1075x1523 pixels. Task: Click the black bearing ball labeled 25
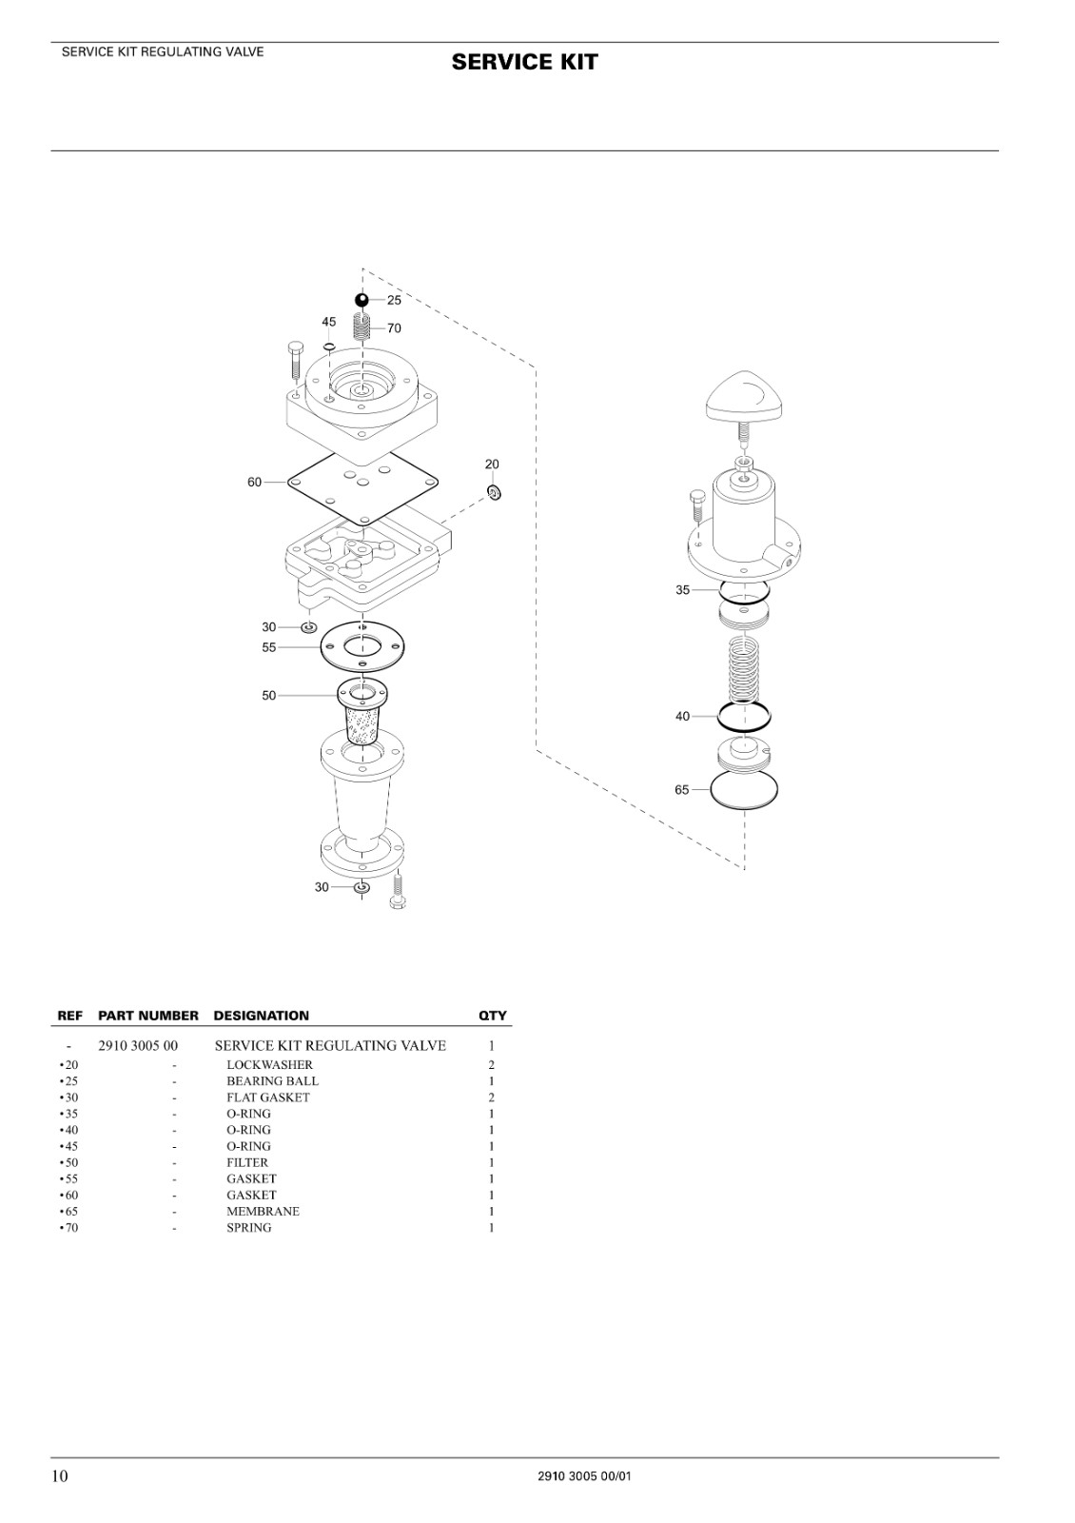coord(362,300)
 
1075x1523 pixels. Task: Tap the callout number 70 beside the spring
coord(394,328)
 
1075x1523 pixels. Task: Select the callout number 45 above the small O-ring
coord(329,322)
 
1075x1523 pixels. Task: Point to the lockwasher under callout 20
coord(494,492)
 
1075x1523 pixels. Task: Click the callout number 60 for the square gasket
coord(254,482)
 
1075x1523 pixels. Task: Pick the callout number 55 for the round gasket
coord(269,647)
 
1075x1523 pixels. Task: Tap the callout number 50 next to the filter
coord(269,696)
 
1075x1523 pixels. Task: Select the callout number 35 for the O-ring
coord(682,590)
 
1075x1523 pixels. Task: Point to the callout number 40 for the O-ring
coord(682,716)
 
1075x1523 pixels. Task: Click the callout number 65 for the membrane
coord(681,789)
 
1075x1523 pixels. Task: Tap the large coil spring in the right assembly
coord(744,670)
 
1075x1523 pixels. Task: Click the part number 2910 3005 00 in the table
coord(138,1046)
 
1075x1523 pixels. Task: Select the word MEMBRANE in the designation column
coord(263,1211)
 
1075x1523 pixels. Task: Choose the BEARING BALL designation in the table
coord(272,1081)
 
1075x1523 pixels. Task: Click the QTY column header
coord(493,1015)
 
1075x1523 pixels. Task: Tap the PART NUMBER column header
coord(148,1015)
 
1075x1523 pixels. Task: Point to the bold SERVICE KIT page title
coord(524,62)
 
